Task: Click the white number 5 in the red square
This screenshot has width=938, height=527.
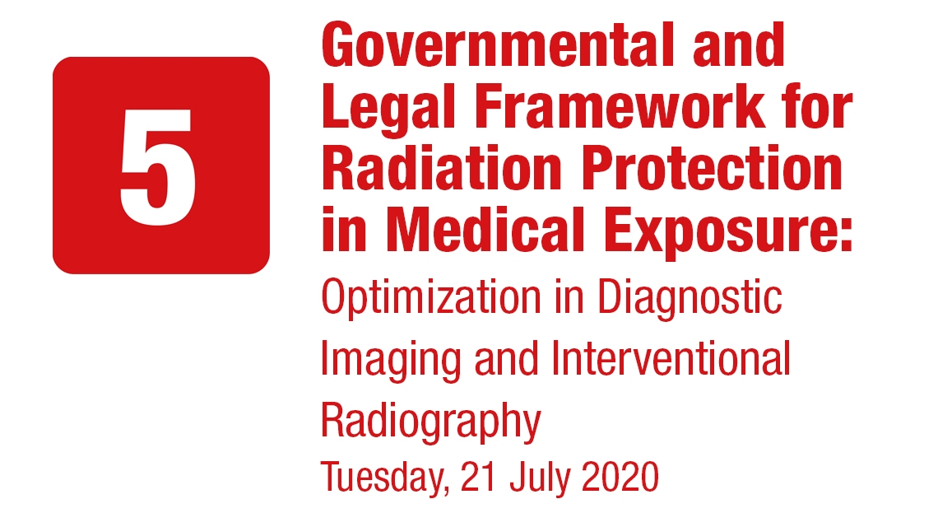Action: [158, 167]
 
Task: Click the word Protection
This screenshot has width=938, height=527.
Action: [712, 168]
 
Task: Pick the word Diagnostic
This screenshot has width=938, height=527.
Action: [690, 298]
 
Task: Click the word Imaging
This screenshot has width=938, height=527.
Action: [391, 361]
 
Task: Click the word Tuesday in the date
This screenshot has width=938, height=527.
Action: [385, 478]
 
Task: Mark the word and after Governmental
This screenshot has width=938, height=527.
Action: [739, 45]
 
